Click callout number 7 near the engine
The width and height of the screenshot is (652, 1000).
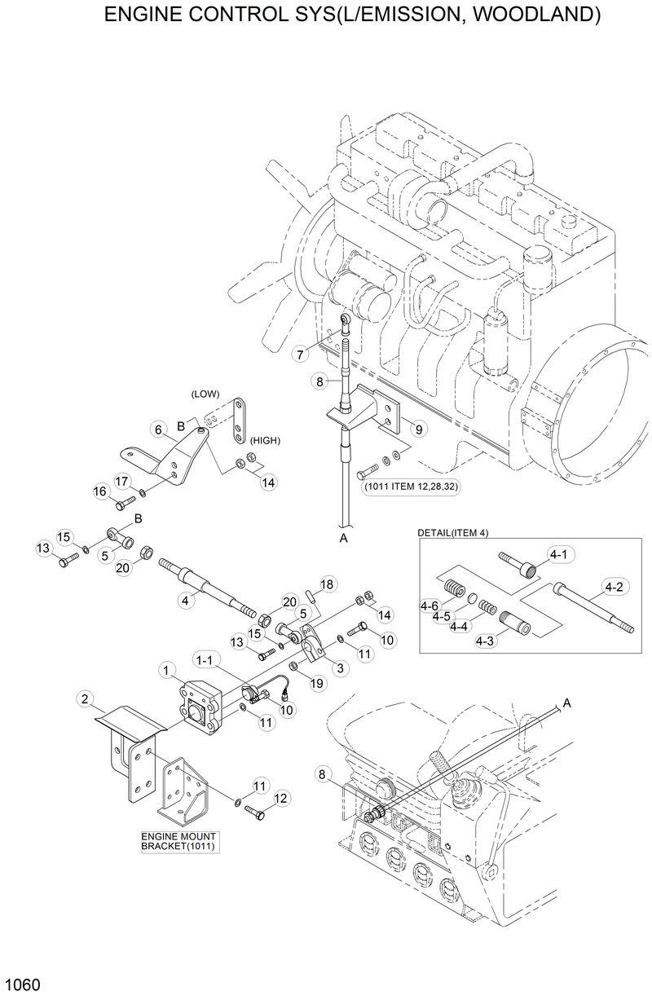(301, 355)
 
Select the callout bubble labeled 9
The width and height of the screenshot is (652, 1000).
(416, 428)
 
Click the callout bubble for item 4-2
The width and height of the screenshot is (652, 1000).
(614, 585)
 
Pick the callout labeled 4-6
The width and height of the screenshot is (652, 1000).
(429, 606)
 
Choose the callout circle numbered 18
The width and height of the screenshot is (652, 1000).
(327, 584)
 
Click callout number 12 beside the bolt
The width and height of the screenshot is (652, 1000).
(280, 798)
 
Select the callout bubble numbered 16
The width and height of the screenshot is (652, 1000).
(100, 491)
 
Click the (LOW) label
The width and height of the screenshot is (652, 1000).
(205, 394)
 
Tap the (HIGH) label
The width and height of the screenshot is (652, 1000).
(265, 440)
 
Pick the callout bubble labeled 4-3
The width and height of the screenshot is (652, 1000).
(487, 641)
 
